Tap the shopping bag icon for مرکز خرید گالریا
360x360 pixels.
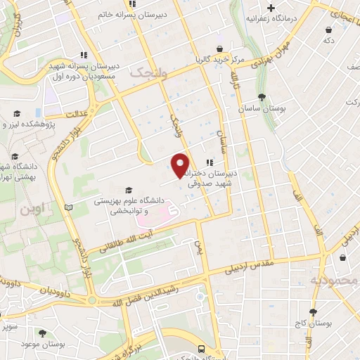[221, 49]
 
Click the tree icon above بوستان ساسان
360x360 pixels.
[262, 97]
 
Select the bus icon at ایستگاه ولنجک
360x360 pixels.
[202, 349]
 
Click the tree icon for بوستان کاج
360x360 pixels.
[313, 311]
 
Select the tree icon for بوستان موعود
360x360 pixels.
[44, 333]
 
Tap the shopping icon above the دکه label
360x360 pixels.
[329, 30]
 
